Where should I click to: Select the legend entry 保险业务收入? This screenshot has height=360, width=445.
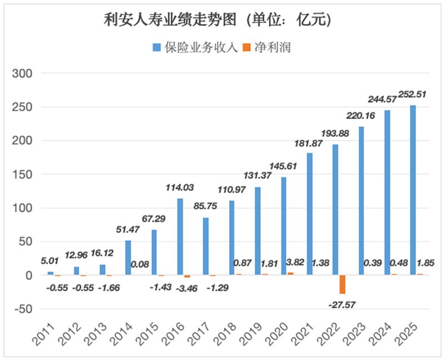(195, 47)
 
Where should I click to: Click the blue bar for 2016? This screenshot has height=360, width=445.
(180, 236)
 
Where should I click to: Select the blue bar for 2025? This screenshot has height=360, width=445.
(413, 190)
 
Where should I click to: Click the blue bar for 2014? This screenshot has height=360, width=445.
(128, 258)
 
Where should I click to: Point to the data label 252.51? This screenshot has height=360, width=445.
(409, 94)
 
